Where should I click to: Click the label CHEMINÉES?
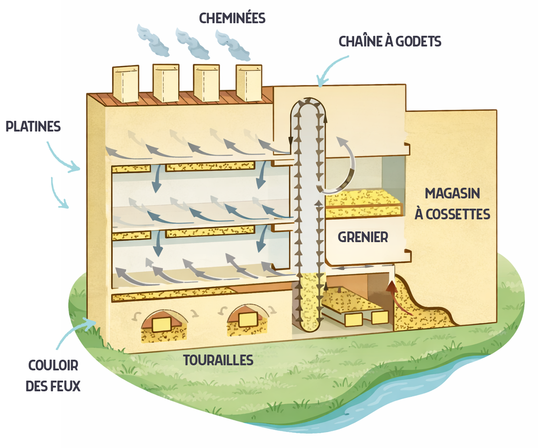click(232, 18)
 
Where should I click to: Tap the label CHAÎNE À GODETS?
click(390, 41)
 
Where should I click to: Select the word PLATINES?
click(33, 126)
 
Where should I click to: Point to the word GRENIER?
click(363, 237)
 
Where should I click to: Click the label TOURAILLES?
click(218, 360)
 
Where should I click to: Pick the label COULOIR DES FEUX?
click(53, 376)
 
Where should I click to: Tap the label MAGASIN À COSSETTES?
click(452, 204)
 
